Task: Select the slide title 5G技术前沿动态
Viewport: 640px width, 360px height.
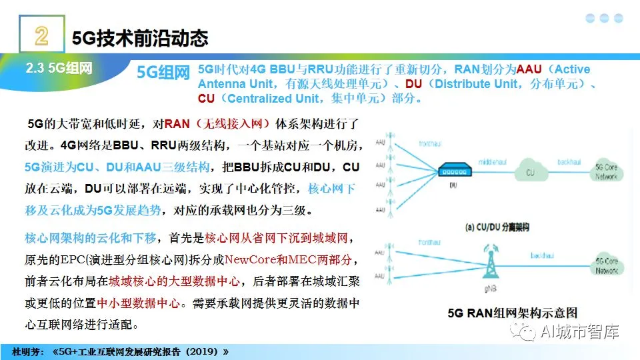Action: (x=139, y=38)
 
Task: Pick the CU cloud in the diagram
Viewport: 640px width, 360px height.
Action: (x=531, y=171)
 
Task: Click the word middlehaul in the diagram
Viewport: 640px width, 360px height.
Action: (x=493, y=161)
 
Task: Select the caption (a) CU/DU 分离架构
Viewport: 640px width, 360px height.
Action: (x=497, y=227)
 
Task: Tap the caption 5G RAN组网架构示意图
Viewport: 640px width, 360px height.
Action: (x=511, y=312)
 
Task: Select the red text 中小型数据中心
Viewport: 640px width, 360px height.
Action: (x=139, y=302)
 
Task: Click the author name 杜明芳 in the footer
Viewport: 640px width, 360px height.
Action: (x=27, y=351)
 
